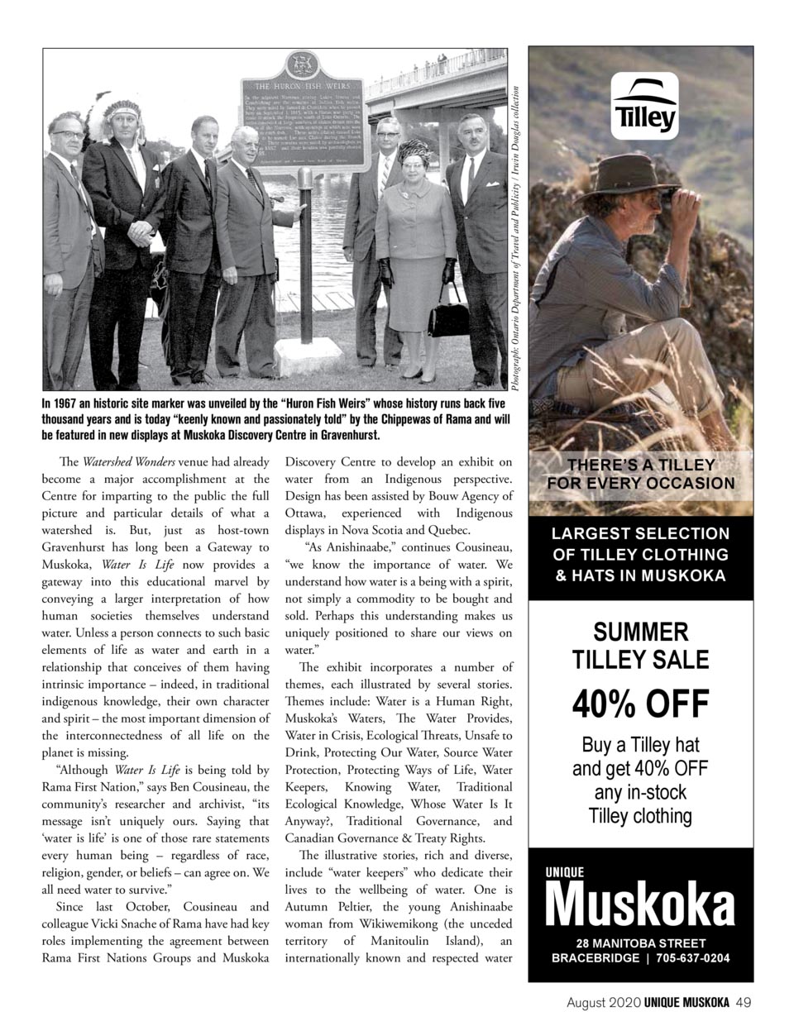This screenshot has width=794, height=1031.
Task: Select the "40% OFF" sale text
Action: [641, 704]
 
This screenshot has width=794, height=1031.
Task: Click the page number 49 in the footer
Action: [743, 1002]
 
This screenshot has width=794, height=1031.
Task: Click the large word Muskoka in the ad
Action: [640, 905]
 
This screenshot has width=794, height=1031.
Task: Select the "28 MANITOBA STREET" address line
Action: [641, 943]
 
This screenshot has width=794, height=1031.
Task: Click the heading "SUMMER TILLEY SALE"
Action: [641, 646]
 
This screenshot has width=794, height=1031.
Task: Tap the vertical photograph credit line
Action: [517, 240]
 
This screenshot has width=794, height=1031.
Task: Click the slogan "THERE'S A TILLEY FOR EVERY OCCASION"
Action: [641, 474]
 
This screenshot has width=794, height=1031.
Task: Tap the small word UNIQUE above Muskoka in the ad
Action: [563, 872]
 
